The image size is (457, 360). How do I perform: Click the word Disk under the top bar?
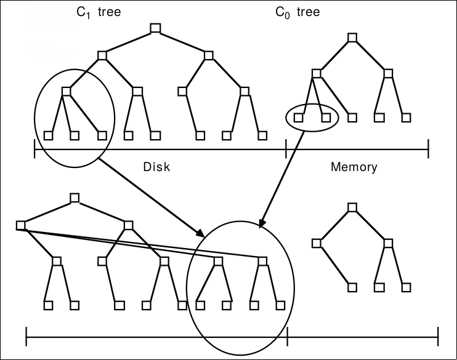156,166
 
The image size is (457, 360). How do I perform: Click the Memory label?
354,166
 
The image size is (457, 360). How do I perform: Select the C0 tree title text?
297,12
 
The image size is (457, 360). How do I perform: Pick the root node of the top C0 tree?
352,38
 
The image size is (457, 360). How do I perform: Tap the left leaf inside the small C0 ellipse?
299,117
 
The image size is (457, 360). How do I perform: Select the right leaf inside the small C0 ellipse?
326,117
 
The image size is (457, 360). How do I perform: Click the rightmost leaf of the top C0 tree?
406,117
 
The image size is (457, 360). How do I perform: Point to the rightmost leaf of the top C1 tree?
262,134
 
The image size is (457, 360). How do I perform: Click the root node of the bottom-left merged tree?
75,198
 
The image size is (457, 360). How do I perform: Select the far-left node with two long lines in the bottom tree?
20,225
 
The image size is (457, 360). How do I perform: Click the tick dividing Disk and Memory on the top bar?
286,148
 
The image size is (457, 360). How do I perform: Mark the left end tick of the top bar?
34,148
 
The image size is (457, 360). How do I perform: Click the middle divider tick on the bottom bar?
287,337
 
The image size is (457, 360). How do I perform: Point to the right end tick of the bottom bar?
438,337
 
